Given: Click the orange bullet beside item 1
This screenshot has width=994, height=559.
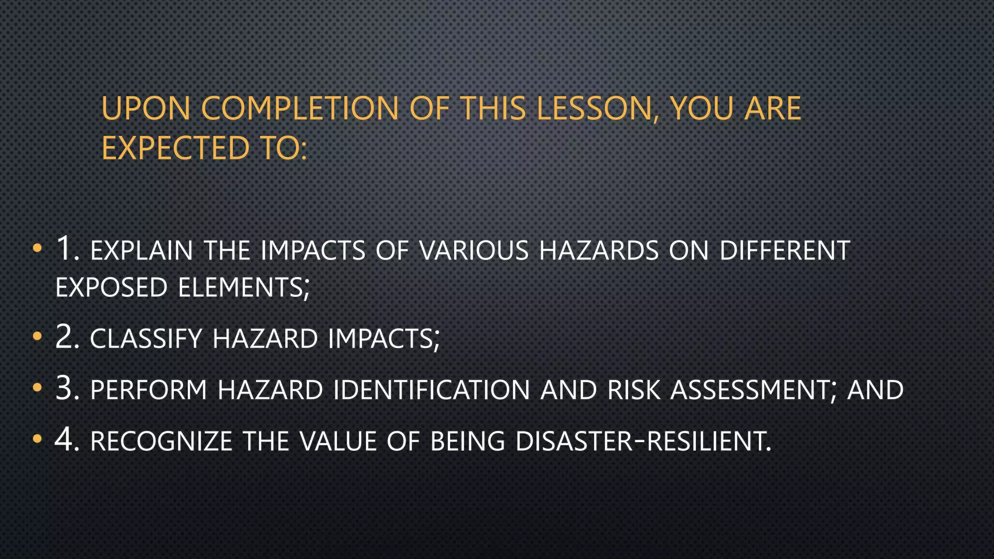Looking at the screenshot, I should click(x=37, y=248).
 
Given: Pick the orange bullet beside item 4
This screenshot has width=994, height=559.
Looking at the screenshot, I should click(x=37, y=439).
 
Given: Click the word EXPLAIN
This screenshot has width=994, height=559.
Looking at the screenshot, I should click(x=142, y=251).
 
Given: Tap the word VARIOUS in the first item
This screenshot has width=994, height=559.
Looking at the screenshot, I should click(x=474, y=251).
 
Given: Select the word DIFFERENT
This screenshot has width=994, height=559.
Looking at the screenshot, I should click(x=784, y=251).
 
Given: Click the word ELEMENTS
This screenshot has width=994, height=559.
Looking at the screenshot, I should click(x=243, y=288).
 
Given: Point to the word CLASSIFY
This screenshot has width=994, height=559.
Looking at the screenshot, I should click(x=146, y=339).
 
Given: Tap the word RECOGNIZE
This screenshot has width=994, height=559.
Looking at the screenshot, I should click(x=161, y=442).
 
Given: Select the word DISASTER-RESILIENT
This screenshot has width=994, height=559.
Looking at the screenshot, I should click(x=643, y=442).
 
